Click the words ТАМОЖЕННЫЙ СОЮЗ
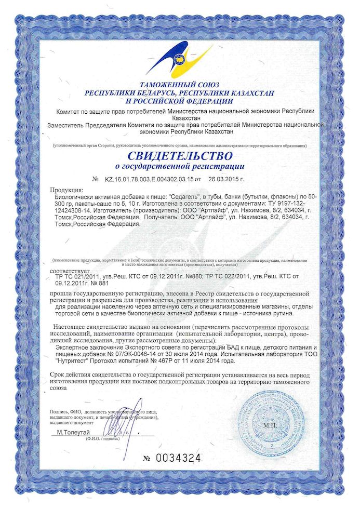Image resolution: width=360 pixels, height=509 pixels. [x=179, y=84]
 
